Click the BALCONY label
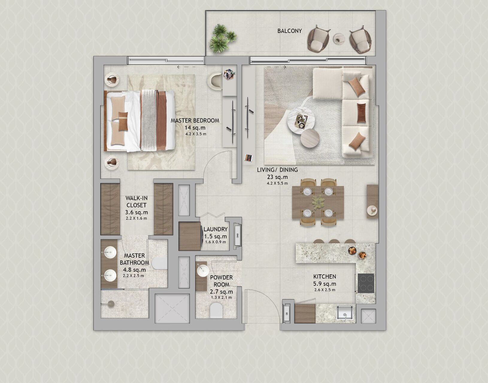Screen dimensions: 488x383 [290, 31]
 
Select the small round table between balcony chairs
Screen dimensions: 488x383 [339, 38]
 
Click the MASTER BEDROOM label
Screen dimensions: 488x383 [195, 121]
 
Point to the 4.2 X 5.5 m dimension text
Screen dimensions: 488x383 [277, 183]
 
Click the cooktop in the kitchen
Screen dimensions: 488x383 [366, 283]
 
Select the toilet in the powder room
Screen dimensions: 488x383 [216, 310]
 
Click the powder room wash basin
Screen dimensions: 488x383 [203, 270]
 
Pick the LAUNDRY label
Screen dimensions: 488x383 [216, 229]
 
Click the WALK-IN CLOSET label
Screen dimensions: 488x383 [136, 201]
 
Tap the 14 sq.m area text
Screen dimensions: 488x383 [195, 128]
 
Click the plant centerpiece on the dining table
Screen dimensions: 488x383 [318, 202]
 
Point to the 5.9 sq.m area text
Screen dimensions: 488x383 [325, 284]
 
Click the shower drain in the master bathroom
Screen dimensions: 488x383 [111, 304]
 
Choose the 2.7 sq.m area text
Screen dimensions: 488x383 [221, 292]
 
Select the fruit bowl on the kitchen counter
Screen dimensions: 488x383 [352, 250]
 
